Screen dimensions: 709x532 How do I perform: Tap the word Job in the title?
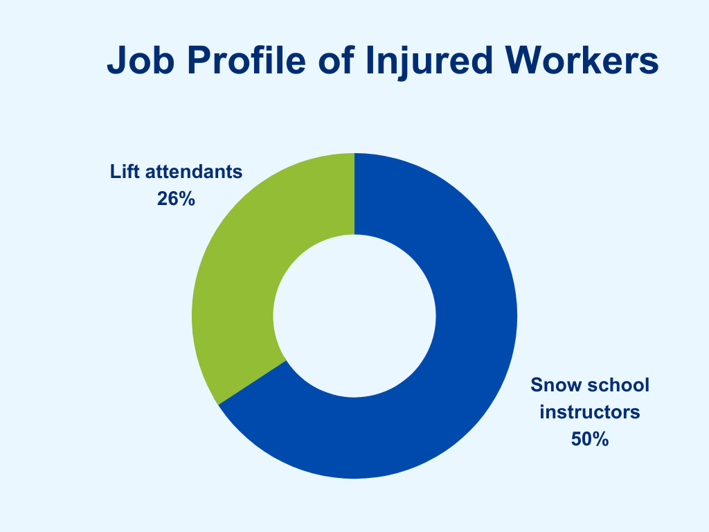[x=141, y=60]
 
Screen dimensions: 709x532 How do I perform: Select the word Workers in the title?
[x=582, y=60]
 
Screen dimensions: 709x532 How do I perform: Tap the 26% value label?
[x=176, y=199]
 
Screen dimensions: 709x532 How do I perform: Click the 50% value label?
[x=590, y=438]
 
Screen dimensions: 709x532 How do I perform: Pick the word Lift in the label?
[x=125, y=172]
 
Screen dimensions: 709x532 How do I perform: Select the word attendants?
[x=194, y=172]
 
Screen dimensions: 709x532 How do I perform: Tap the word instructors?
[x=590, y=412]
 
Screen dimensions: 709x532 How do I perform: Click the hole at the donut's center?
[x=354, y=316]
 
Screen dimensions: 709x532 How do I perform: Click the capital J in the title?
[x=116, y=60]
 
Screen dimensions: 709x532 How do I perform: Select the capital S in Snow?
[x=537, y=385]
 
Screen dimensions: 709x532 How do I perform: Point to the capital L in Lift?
[x=116, y=172]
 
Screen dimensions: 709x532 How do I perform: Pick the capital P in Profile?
[x=199, y=60]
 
